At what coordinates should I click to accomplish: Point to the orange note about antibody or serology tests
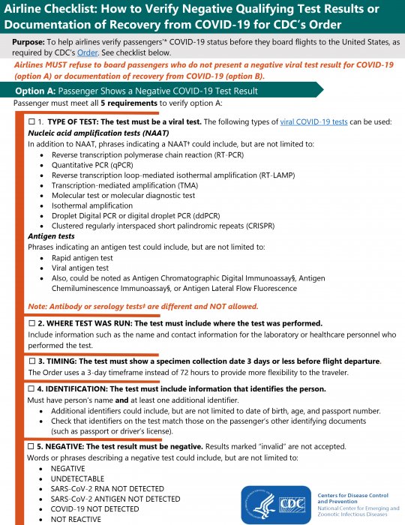[142, 306]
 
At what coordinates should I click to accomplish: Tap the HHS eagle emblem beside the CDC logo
[259, 504]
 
